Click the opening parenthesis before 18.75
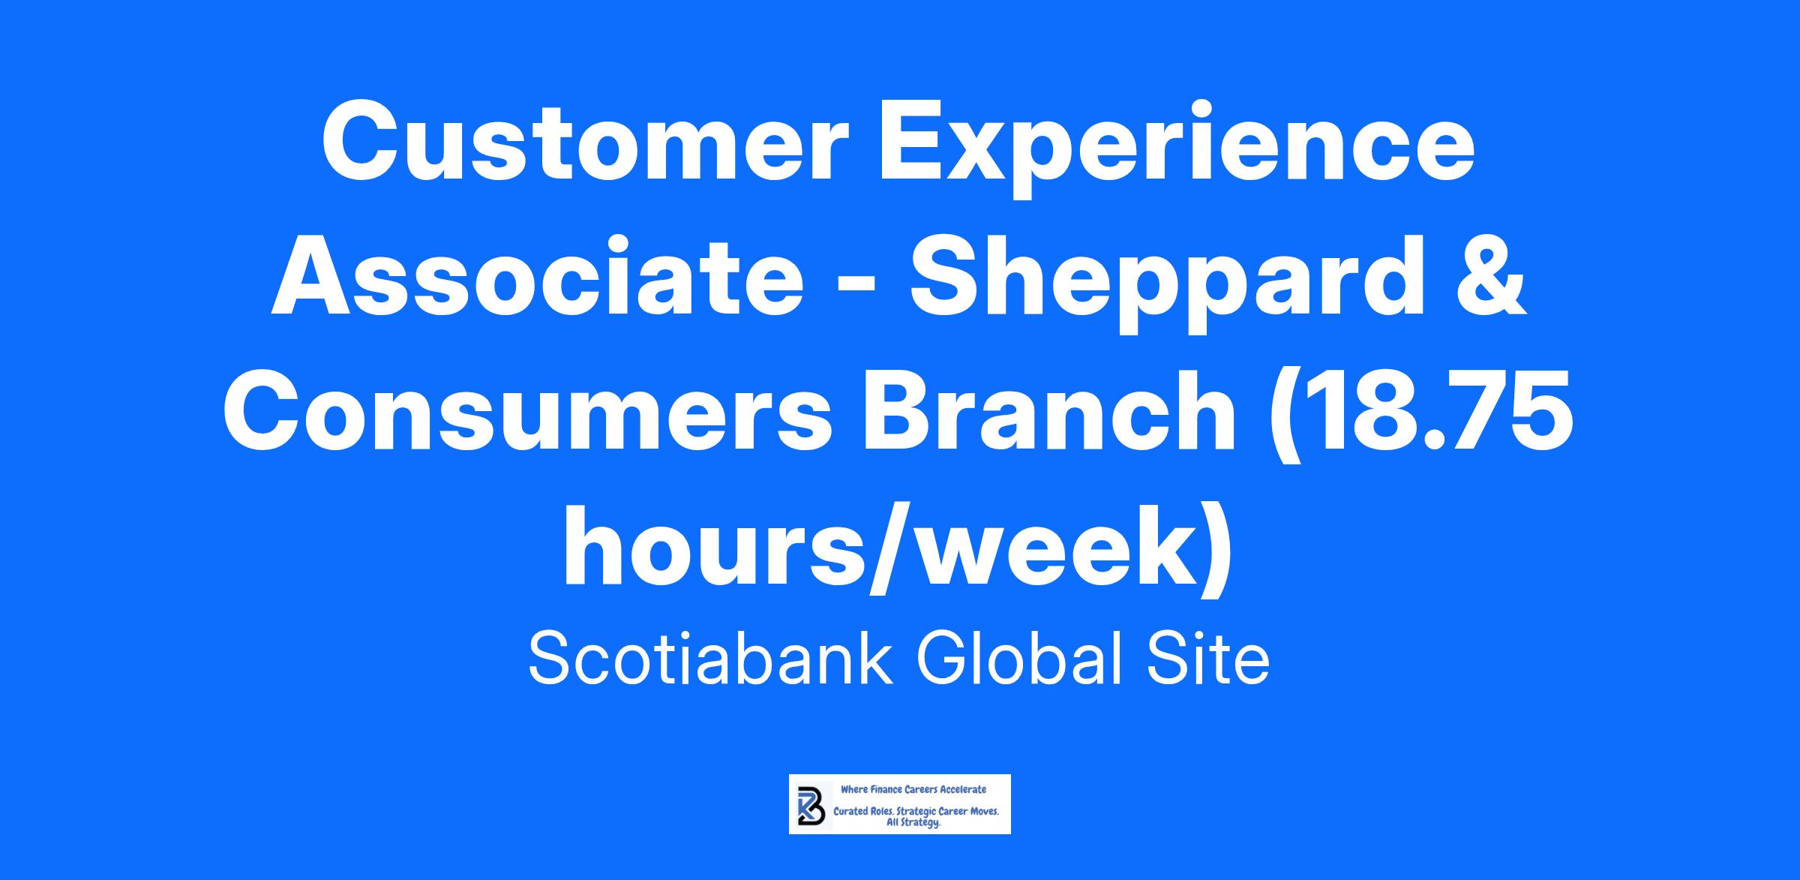point(1282,416)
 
